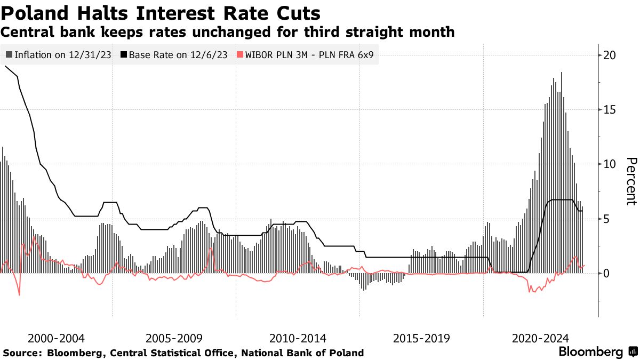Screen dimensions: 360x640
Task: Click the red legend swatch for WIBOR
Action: (x=239, y=54)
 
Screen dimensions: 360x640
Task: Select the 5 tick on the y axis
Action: (x=607, y=219)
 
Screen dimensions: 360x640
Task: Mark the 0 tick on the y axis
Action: (x=607, y=273)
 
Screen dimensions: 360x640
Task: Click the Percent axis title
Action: (x=631, y=181)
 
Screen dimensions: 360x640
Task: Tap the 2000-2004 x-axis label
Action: (x=55, y=338)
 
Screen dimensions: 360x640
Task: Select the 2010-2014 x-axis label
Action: (x=298, y=338)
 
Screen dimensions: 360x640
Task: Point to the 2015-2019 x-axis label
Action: (x=421, y=338)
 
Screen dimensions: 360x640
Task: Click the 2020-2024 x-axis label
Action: (x=540, y=338)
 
